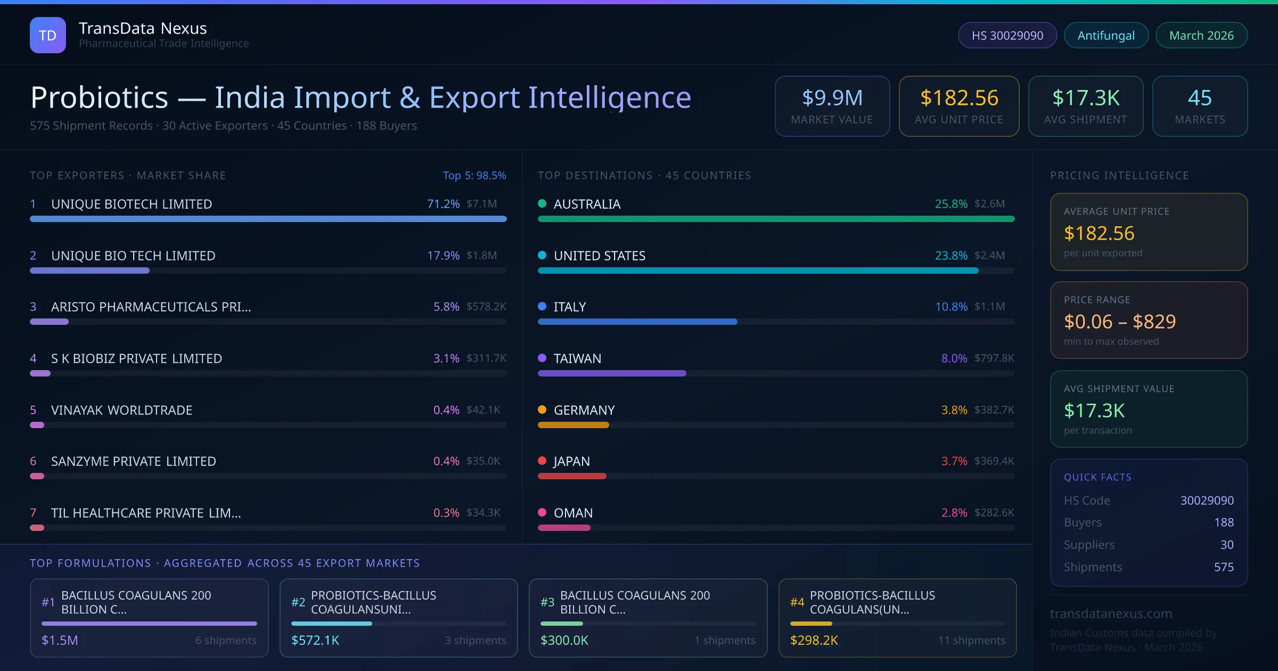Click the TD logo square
tap(48, 35)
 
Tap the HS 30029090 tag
tap(1007, 35)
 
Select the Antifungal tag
tap(1106, 35)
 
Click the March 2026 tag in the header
tap(1201, 35)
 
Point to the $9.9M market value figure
tap(832, 97)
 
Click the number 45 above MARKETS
tap(1200, 97)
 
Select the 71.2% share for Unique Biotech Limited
tap(443, 204)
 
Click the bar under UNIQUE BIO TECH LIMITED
tap(89, 271)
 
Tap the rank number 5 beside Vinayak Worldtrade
tap(33, 410)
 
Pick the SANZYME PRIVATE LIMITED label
tap(134, 461)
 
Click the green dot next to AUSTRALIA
tap(542, 203)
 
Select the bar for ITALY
tap(637, 322)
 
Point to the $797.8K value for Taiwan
tap(994, 358)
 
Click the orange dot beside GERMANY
tap(542, 410)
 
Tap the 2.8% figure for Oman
tap(954, 513)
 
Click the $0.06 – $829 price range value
tap(1119, 322)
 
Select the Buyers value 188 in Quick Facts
tap(1224, 522)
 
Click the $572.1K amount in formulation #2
tap(315, 640)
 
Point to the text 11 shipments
tap(972, 640)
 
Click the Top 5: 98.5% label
tap(474, 175)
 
